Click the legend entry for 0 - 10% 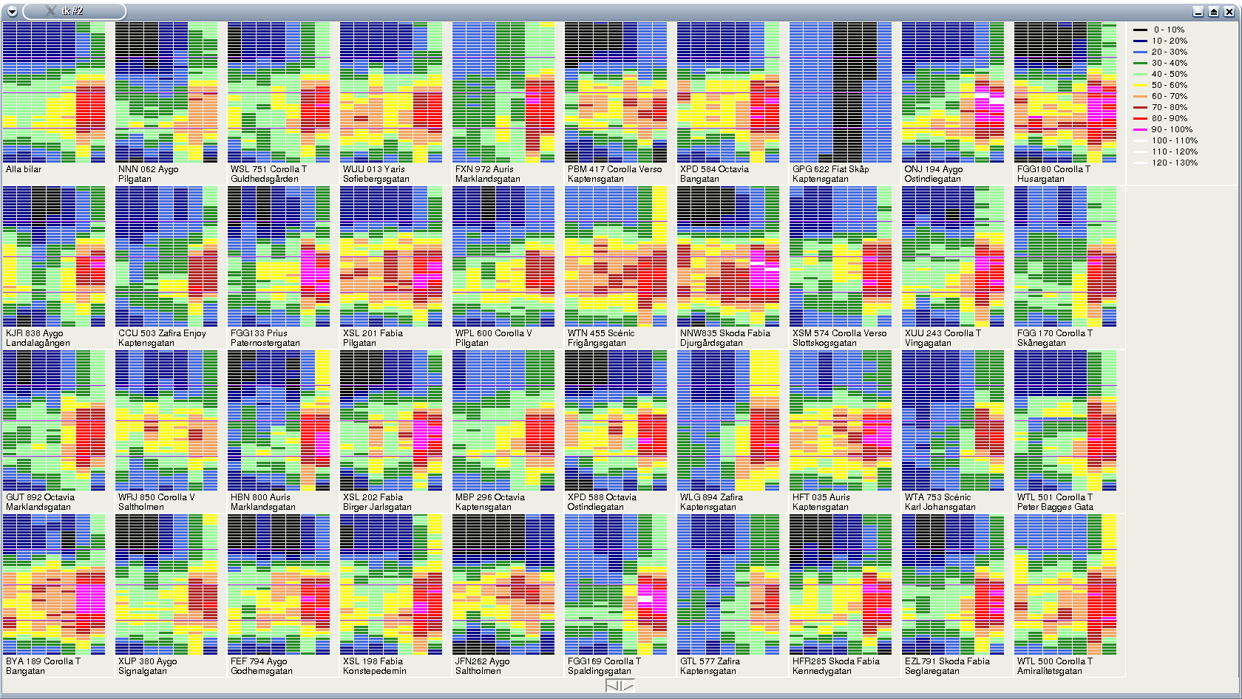(1168, 30)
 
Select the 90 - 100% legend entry (1171, 129)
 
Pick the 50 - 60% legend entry (1169, 85)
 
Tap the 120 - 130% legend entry (1174, 163)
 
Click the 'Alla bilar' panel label (24, 169)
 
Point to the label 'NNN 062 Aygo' (148, 169)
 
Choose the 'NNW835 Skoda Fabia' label (724, 333)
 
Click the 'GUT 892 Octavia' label (40, 497)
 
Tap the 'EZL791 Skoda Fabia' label (947, 661)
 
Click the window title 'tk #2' (72, 11)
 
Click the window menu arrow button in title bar (12, 11)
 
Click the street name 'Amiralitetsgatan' (1049, 671)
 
